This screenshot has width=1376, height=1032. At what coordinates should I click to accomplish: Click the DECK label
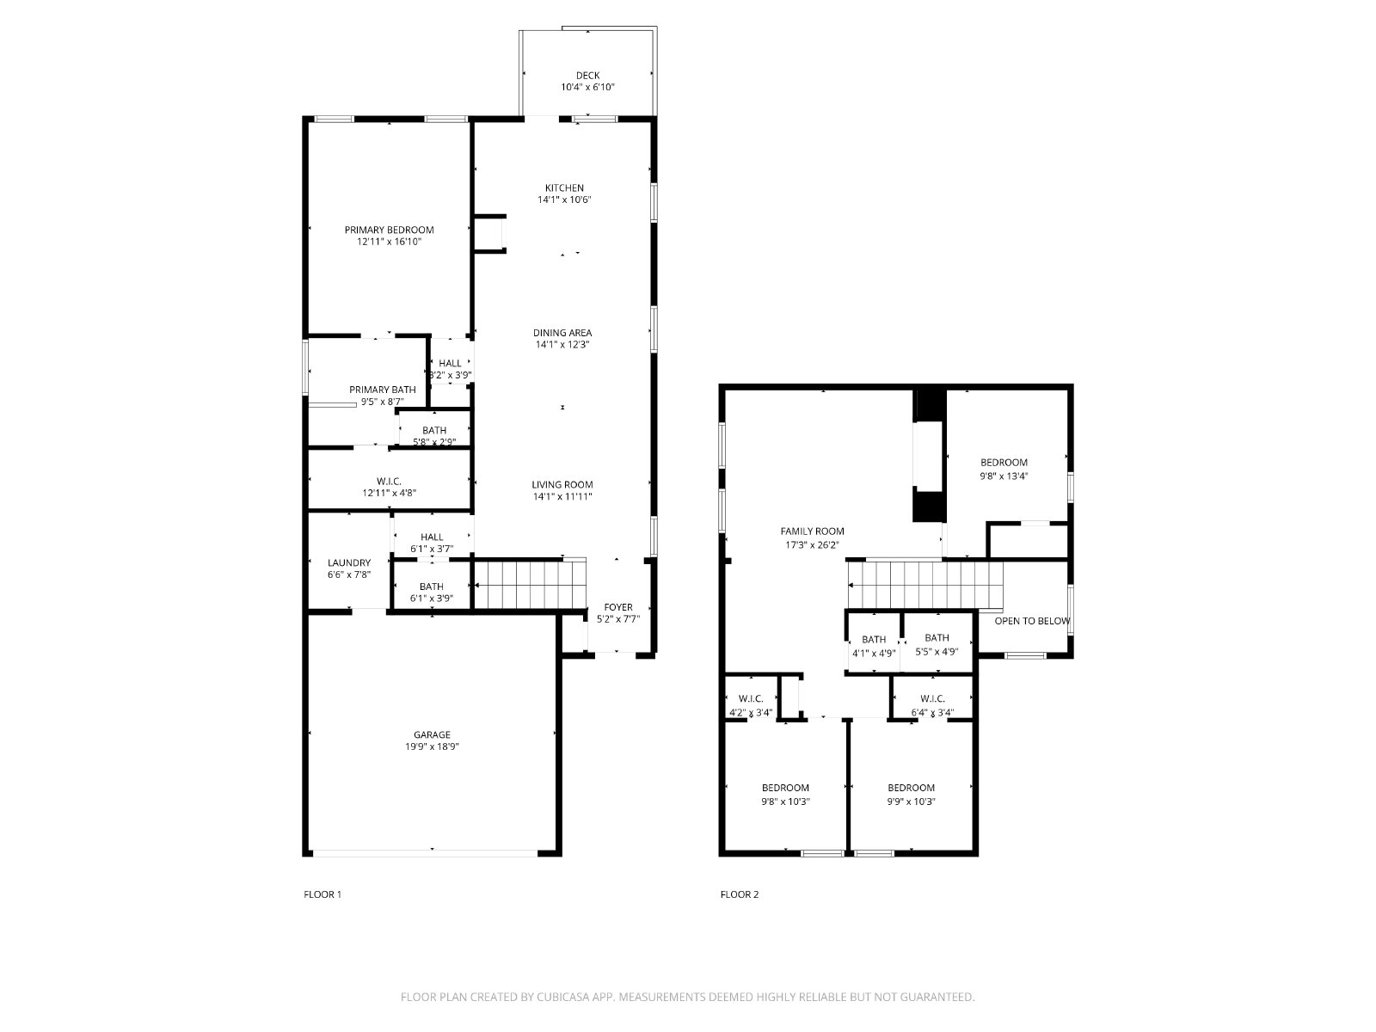[587, 76]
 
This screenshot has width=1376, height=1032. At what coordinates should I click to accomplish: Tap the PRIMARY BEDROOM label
[390, 230]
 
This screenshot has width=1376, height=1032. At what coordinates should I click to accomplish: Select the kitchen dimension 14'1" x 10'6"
[564, 200]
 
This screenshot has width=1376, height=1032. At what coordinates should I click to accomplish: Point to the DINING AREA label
[562, 333]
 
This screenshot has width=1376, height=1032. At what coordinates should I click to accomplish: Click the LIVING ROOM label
[562, 484]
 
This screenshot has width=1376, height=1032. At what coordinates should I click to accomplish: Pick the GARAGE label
[432, 734]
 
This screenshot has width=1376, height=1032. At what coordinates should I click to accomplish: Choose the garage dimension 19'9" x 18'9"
[432, 746]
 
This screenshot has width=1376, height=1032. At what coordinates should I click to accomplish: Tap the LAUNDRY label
[349, 562]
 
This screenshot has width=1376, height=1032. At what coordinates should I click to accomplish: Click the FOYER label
[618, 607]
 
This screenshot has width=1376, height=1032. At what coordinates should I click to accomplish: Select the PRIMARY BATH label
[383, 390]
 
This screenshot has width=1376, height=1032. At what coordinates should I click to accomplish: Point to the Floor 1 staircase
[530, 585]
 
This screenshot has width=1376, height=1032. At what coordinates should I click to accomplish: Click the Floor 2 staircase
[925, 585]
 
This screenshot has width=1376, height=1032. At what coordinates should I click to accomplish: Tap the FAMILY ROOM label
[813, 531]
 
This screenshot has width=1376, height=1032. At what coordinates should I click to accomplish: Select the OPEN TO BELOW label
[1032, 621]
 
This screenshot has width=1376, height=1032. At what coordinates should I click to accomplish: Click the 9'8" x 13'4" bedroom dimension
[1004, 476]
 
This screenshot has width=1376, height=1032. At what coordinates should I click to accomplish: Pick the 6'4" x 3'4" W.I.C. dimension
[933, 712]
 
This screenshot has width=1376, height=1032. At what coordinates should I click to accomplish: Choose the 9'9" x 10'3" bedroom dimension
[911, 802]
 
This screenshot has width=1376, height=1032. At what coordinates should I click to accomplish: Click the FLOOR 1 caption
[322, 894]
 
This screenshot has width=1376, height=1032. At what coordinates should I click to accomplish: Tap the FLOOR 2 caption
[740, 894]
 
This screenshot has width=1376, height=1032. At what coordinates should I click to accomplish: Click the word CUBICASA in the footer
[563, 997]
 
